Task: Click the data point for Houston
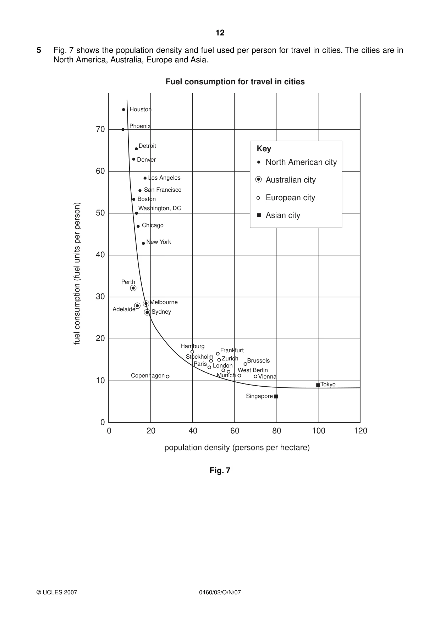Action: click(123, 110)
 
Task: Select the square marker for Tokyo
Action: click(318, 385)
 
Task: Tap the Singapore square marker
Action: click(276, 397)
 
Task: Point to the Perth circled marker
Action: click(133, 288)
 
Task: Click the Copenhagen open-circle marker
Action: click(167, 376)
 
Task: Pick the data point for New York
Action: click(143, 243)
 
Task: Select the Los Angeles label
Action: click(164, 178)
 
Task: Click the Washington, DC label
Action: click(160, 208)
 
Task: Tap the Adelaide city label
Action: click(124, 309)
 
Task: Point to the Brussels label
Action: click(258, 361)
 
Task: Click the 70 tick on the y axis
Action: click(100, 129)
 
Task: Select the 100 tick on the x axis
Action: click(319, 431)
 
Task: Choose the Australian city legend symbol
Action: click(259, 180)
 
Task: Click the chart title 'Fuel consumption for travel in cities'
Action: click(235, 82)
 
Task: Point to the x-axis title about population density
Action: click(237, 448)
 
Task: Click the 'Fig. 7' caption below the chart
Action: click(220, 470)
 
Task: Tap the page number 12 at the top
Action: click(220, 33)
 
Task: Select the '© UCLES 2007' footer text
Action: click(57, 592)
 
